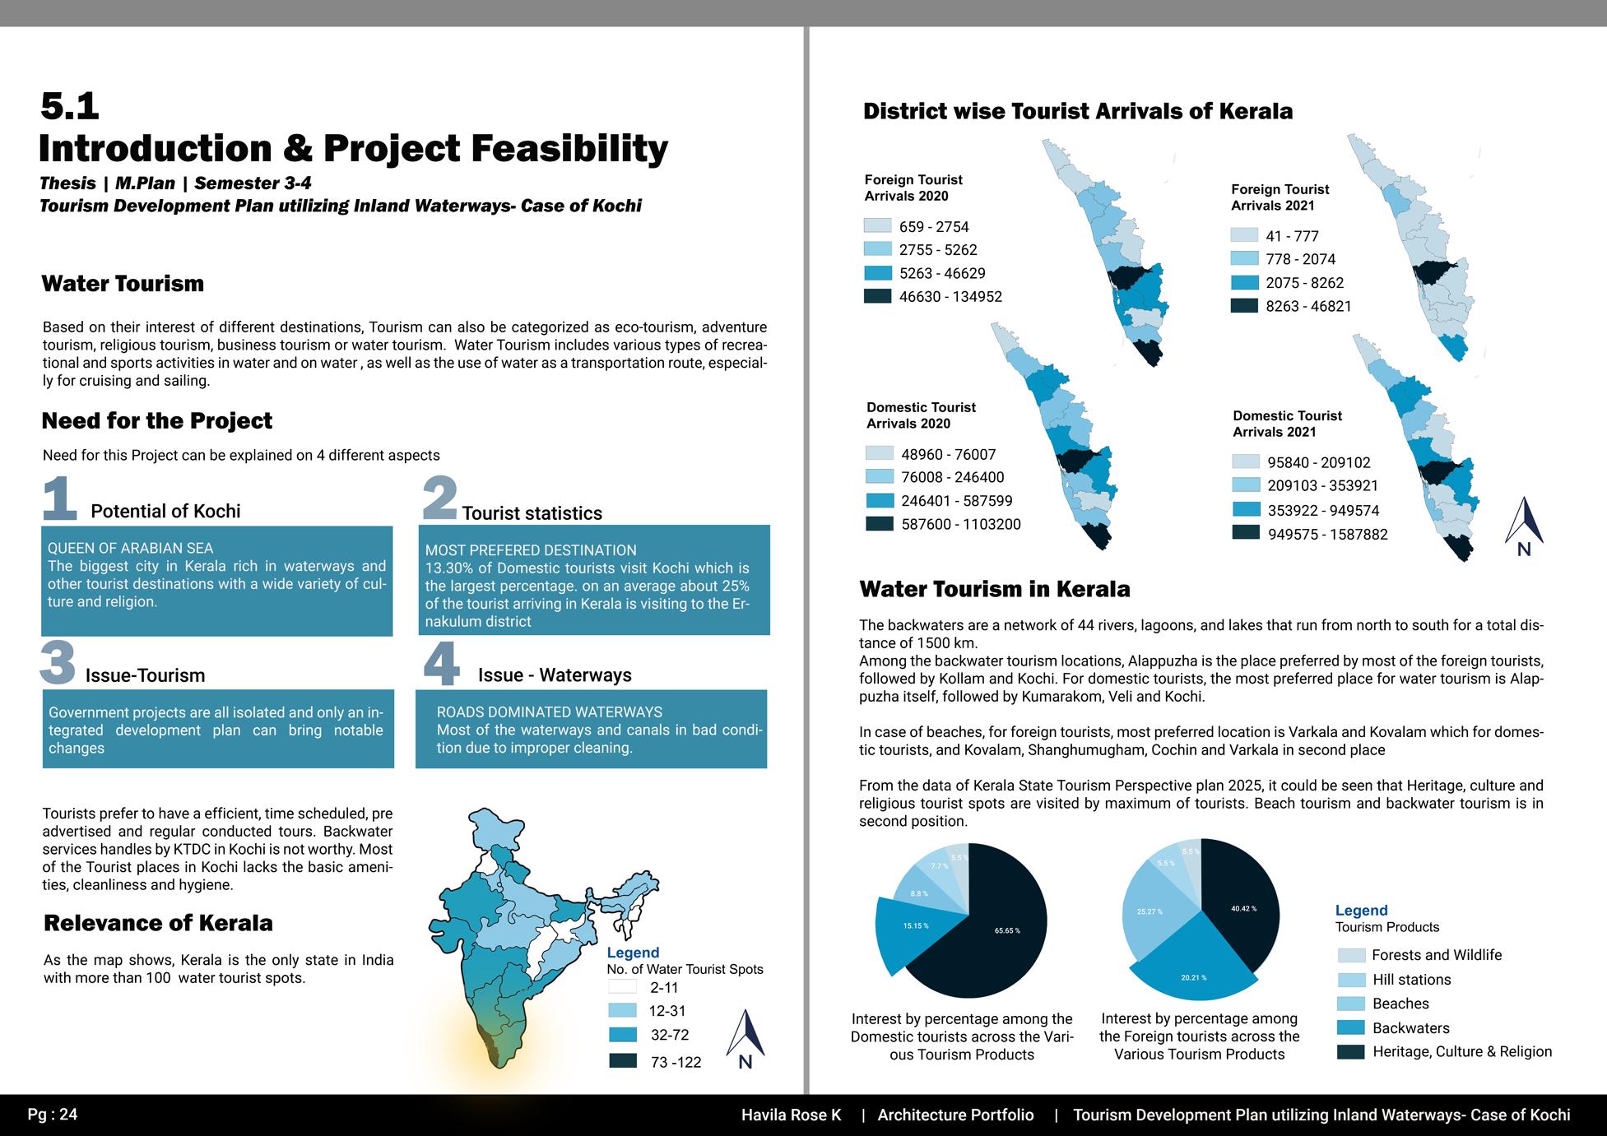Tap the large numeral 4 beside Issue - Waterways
pyautogui.click(x=441, y=665)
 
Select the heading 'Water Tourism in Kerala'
pyautogui.click(x=994, y=589)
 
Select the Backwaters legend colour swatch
pyautogui.click(x=1350, y=1027)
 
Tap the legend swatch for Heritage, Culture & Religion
pyautogui.click(x=1350, y=1051)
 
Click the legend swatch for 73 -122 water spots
pyautogui.click(x=623, y=1061)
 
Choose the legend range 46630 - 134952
pyautogui.click(x=950, y=297)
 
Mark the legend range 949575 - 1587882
pyautogui.click(x=1327, y=535)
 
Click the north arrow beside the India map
pyautogui.click(x=745, y=1038)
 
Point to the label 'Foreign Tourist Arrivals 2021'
pyautogui.click(x=1280, y=197)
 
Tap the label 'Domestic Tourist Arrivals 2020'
pyautogui.click(x=920, y=415)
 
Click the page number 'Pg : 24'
pyautogui.click(x=53, y=1115)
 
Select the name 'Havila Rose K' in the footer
pyautogui.click(x=791, y=1115)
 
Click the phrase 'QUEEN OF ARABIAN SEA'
pyautogui.click(x=130, y=548)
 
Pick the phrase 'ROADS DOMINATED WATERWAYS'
pyautogui.click(x=549, y=712)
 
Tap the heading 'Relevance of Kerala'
pyautogui.click(x=158, y=923)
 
